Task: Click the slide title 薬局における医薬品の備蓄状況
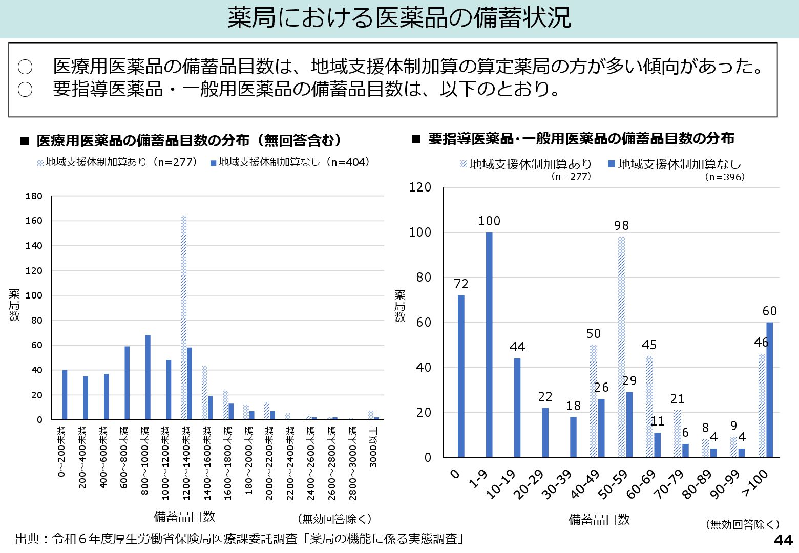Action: point(399,18)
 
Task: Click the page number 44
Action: point(783,540)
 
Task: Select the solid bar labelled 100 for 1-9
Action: point(489,344)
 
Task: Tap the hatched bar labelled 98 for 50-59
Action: point(621,347)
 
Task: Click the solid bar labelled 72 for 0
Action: point(461,376)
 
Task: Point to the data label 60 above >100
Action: point(769,311)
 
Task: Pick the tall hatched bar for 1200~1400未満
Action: point(184,317)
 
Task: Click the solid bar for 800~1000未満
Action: point(148,377)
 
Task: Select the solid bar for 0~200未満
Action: point(65,395)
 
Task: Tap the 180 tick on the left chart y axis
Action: point(34,196)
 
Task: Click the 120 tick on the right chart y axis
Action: point(420,187)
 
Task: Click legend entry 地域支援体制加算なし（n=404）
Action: point(290,162)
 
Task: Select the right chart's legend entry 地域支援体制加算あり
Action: point(527,164)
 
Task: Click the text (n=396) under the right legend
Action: point(724,177)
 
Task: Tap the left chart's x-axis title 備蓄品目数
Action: point(184,516)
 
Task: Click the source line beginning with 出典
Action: point(240,539)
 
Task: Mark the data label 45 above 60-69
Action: point(649,345)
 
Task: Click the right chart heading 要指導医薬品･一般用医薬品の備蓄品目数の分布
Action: point(581,139)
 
